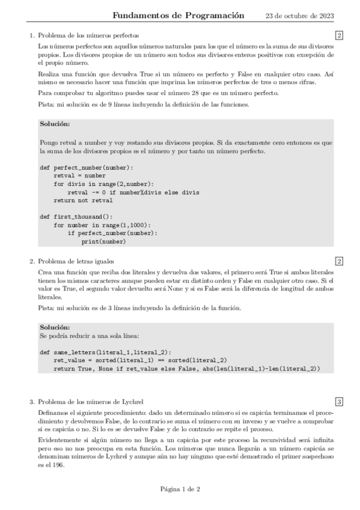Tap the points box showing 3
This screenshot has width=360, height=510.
coord(339,402)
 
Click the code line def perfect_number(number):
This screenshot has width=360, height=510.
coord(87,167)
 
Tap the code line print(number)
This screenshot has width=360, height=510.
coord(103,242)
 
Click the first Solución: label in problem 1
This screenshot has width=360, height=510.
coord(55,124)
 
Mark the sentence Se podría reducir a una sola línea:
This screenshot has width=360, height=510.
coord(84,335)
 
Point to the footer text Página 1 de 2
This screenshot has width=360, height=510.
coord(180,489)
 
